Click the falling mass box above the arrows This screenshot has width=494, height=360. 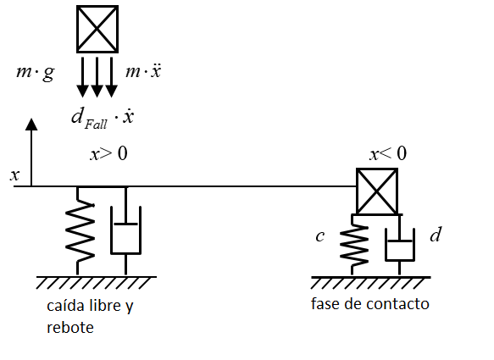[97, 29]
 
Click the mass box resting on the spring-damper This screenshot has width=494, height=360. [377, 191]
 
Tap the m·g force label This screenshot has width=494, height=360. [36, 72]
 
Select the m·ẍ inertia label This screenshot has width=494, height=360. [143, 71]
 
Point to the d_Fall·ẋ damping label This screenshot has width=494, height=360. [103, 118]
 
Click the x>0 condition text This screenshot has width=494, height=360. [109, 153]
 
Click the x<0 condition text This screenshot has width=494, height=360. [388, 153]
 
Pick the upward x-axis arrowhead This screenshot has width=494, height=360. [31, 125]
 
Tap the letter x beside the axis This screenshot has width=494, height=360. [14, 174]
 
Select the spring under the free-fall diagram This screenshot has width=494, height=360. [80, 231]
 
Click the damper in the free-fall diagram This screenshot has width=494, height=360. [125, 231]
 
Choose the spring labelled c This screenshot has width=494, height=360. [354, 245]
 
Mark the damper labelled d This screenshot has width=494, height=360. [400, 245]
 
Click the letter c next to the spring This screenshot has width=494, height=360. [320, 236]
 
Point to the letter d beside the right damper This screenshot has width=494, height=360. [436, 235]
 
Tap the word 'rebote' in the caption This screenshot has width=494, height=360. [70, 328]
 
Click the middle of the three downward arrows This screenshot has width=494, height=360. [97, 77]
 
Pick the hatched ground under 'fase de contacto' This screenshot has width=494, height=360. [370, 283]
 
